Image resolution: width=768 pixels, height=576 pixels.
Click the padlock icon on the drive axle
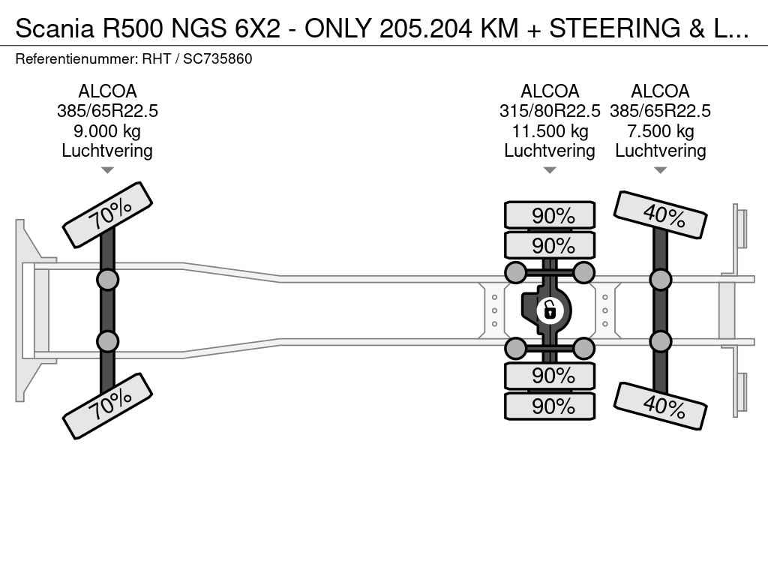550,308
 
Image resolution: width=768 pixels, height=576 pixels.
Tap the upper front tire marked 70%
108,214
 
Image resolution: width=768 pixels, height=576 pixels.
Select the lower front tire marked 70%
108,404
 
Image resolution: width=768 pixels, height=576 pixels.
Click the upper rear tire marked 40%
661,214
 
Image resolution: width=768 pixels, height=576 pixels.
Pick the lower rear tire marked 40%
661,406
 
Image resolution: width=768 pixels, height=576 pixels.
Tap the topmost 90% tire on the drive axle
550,215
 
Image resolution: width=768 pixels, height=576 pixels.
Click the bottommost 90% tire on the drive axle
550,406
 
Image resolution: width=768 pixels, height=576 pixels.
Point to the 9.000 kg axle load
108,131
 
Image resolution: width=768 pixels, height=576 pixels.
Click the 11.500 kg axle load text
550,131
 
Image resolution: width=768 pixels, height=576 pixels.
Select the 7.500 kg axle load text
661,131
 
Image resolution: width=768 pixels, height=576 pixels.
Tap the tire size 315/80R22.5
550,111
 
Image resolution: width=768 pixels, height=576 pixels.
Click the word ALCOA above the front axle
108,91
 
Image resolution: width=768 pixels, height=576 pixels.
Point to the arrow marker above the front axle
108,170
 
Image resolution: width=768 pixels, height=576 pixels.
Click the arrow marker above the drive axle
550,170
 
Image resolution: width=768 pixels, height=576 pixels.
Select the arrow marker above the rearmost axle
661,170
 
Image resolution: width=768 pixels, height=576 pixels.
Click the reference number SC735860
217,58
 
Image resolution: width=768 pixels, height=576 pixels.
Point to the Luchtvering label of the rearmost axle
661,151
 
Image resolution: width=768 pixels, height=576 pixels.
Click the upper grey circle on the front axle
108,280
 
